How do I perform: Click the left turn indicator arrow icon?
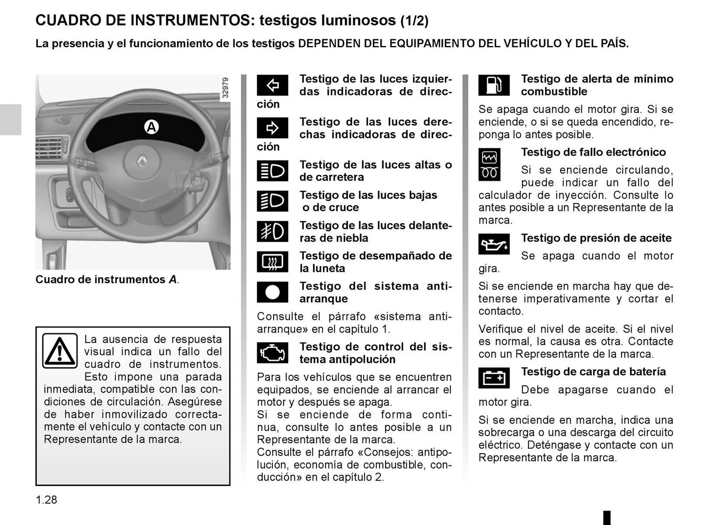272,85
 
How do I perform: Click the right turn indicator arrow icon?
272,128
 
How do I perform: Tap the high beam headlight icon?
272,171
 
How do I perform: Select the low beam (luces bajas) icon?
272,201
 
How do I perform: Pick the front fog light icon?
272,232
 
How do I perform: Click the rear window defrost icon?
272,262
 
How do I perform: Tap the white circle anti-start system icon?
272,292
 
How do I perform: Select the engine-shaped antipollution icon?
272,353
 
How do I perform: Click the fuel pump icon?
494,85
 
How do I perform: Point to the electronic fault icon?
489,165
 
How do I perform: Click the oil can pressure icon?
494,244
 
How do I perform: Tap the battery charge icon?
494,378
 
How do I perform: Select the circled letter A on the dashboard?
151,127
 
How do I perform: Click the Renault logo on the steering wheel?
142,161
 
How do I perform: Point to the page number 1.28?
47,500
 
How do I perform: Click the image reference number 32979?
225,88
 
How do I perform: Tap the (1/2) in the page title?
414,21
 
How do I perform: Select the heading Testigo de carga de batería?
593,372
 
